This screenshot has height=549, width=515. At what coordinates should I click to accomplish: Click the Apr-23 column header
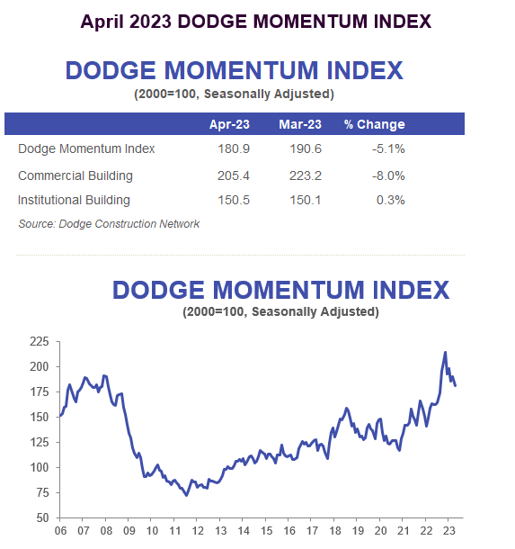click(x=229, y=124)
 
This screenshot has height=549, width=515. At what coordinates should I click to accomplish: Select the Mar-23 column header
click(x=301, y=124)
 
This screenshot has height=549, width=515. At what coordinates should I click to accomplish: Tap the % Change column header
click(x=374, y=124)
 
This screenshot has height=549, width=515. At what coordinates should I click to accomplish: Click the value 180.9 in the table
click(x=233, y=149)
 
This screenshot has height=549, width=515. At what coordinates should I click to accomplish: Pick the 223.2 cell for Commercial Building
click(x=305, y=175)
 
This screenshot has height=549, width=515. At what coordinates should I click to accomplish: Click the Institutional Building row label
click(x=74, y=200)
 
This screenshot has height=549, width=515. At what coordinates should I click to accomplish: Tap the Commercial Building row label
click(x=75, y=175)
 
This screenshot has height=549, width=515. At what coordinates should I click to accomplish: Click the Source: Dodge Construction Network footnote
click(x=109, y=223)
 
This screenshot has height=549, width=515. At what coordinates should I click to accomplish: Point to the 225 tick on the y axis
click(x=40, y=342)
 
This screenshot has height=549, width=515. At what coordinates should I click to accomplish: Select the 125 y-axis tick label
click(x=40, y=443)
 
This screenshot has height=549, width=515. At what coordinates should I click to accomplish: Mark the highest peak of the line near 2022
click(x=445, y=352)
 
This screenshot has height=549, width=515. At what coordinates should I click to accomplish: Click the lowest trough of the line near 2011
click(x=186, y=495)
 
